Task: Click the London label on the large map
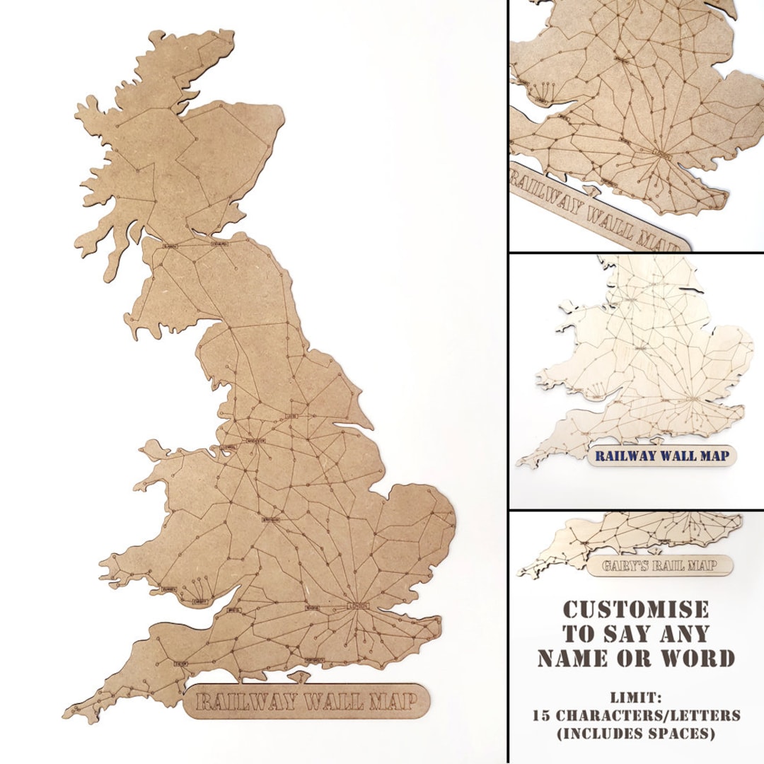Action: tap(358, 606)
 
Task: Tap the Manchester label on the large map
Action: tap(254, 441)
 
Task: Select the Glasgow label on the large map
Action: tap(170, 246)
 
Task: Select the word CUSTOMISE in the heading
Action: tap(635, 610)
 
